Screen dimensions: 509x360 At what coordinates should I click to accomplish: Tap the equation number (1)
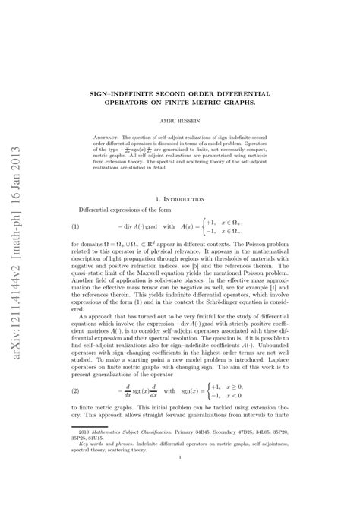(76, 226)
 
